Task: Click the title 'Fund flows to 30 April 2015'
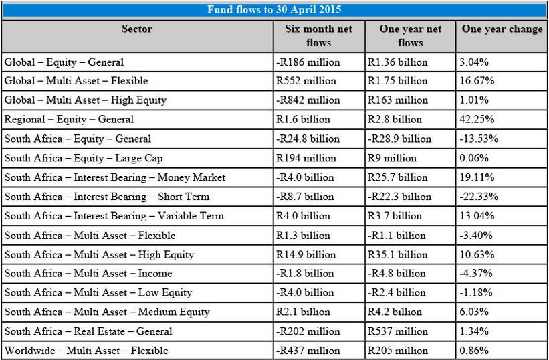click(274, 10)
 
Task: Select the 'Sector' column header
click(137, 29)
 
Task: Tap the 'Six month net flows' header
click(318, 36)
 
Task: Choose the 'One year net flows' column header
click(410, 36)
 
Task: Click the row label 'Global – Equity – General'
click(64, 62)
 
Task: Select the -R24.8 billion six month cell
click(308, 139)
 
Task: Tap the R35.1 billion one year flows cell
click(398, 254)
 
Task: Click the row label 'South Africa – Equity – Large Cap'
click(84, 159)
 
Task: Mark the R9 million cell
click(393, 159)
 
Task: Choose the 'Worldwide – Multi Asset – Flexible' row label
click(86, 351)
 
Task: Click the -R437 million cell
click(308, 351)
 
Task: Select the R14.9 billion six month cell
click(306, 254)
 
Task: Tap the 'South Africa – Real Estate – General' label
click(88, 331)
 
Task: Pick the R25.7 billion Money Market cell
click(398, 178)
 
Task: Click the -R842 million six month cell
click(308, 100)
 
